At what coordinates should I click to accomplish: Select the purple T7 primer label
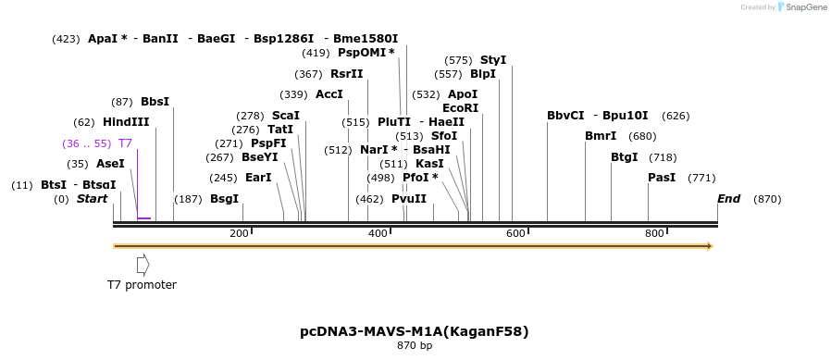coord(125,143)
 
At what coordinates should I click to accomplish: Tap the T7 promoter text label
coord(142,285)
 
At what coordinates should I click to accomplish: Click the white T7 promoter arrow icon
coord(143,265)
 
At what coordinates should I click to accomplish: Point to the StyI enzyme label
coord(492,60)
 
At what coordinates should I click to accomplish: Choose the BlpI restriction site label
coord(482,74)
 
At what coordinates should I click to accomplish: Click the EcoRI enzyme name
coord(460,108)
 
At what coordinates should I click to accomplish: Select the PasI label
coord(661,178)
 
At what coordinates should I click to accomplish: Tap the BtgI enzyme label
coord(624,157)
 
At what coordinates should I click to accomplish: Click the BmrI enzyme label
coord(600,136)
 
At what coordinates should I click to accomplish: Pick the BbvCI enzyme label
coord(565,116)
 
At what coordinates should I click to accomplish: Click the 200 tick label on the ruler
coord(239,233)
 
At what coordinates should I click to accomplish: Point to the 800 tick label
coord(654,233)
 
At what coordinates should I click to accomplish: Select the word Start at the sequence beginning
coord(92,199)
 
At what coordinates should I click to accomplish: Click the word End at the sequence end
coord(728,199)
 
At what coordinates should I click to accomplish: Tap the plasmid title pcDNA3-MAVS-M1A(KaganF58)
coord(415,331)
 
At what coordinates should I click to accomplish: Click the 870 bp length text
coord(415,346)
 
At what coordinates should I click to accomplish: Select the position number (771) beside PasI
coord(701,178)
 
